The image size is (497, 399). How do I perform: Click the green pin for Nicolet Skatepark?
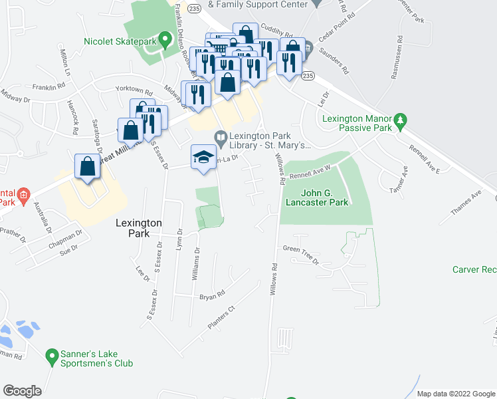pos(160,39)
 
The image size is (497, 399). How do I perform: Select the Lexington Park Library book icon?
pos(221,136)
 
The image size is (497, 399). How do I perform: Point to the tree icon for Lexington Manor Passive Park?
pos(400,121)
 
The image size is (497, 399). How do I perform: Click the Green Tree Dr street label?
pos(301,255)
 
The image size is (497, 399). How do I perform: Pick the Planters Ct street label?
pos(222,318)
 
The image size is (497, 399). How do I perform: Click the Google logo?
pos(22,390)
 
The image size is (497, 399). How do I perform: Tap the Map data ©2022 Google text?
pos(455,394)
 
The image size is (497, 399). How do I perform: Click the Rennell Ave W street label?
pos(310,173)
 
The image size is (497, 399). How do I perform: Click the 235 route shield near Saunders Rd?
pos(307,76)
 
